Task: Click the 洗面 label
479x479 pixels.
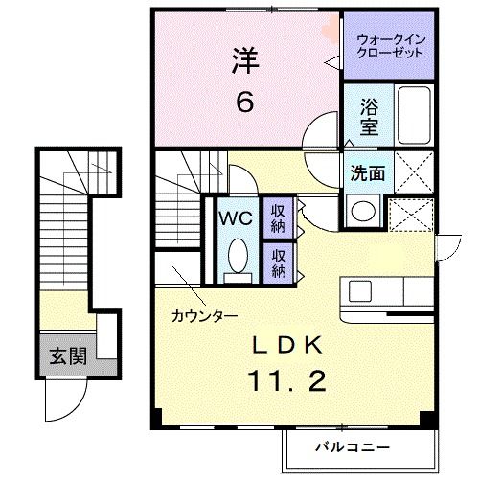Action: [x=367, y=174]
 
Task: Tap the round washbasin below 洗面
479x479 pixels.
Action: [x=362, y=211]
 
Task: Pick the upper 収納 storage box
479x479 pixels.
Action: [x=279, y=217]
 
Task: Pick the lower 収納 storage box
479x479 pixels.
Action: [x=279, y=262]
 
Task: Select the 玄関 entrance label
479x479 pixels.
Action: [x=68, y=357]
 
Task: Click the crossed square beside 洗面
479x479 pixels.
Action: [x=413, y=175]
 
